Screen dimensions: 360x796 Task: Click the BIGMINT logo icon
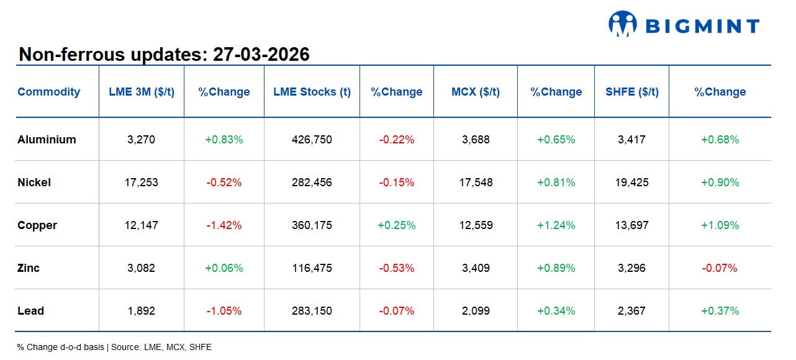623,25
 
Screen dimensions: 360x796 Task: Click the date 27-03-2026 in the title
261,55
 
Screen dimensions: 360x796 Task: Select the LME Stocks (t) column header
312,92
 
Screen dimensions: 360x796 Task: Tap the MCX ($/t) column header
475,92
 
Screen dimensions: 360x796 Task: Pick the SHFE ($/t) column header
631,92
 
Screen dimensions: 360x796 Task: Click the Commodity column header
48,92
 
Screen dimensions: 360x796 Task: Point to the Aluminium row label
47,140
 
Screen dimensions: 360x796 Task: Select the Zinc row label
29,268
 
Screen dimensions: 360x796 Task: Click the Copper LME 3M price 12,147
141,225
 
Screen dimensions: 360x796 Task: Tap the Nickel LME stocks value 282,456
312,182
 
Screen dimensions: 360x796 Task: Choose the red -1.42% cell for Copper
224,225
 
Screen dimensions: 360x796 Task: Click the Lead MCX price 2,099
476,311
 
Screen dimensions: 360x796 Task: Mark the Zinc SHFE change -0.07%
720,268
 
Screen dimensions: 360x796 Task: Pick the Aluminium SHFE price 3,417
631,140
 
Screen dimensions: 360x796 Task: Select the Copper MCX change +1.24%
556,225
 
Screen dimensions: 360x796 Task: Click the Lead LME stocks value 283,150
312,311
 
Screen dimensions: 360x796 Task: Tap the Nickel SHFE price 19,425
631,182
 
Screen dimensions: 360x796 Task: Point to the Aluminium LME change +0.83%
224,140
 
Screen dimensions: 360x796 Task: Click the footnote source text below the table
114,347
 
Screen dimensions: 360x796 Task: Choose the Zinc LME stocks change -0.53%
396,268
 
